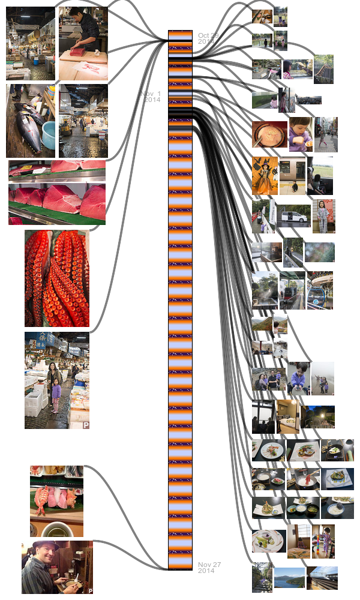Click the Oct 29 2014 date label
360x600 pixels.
(x=208, y=38)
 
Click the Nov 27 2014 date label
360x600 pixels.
(x=209, y=568)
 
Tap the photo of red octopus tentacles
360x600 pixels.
(x=56, y=278)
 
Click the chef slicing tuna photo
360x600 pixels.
(x=83, y=43)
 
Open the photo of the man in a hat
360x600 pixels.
(x=57, y=567)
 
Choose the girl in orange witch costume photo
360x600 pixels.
(x=265, y=176)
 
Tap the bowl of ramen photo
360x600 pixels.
(x=269, y=134)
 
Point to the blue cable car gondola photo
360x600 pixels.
(x=320, y=291)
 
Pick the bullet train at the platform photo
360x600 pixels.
(x=322, y=578)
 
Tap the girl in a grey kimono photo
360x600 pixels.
(x=323, y=216)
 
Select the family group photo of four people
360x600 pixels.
(x=268, y=379)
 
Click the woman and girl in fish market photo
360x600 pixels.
(x=56, y=380)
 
